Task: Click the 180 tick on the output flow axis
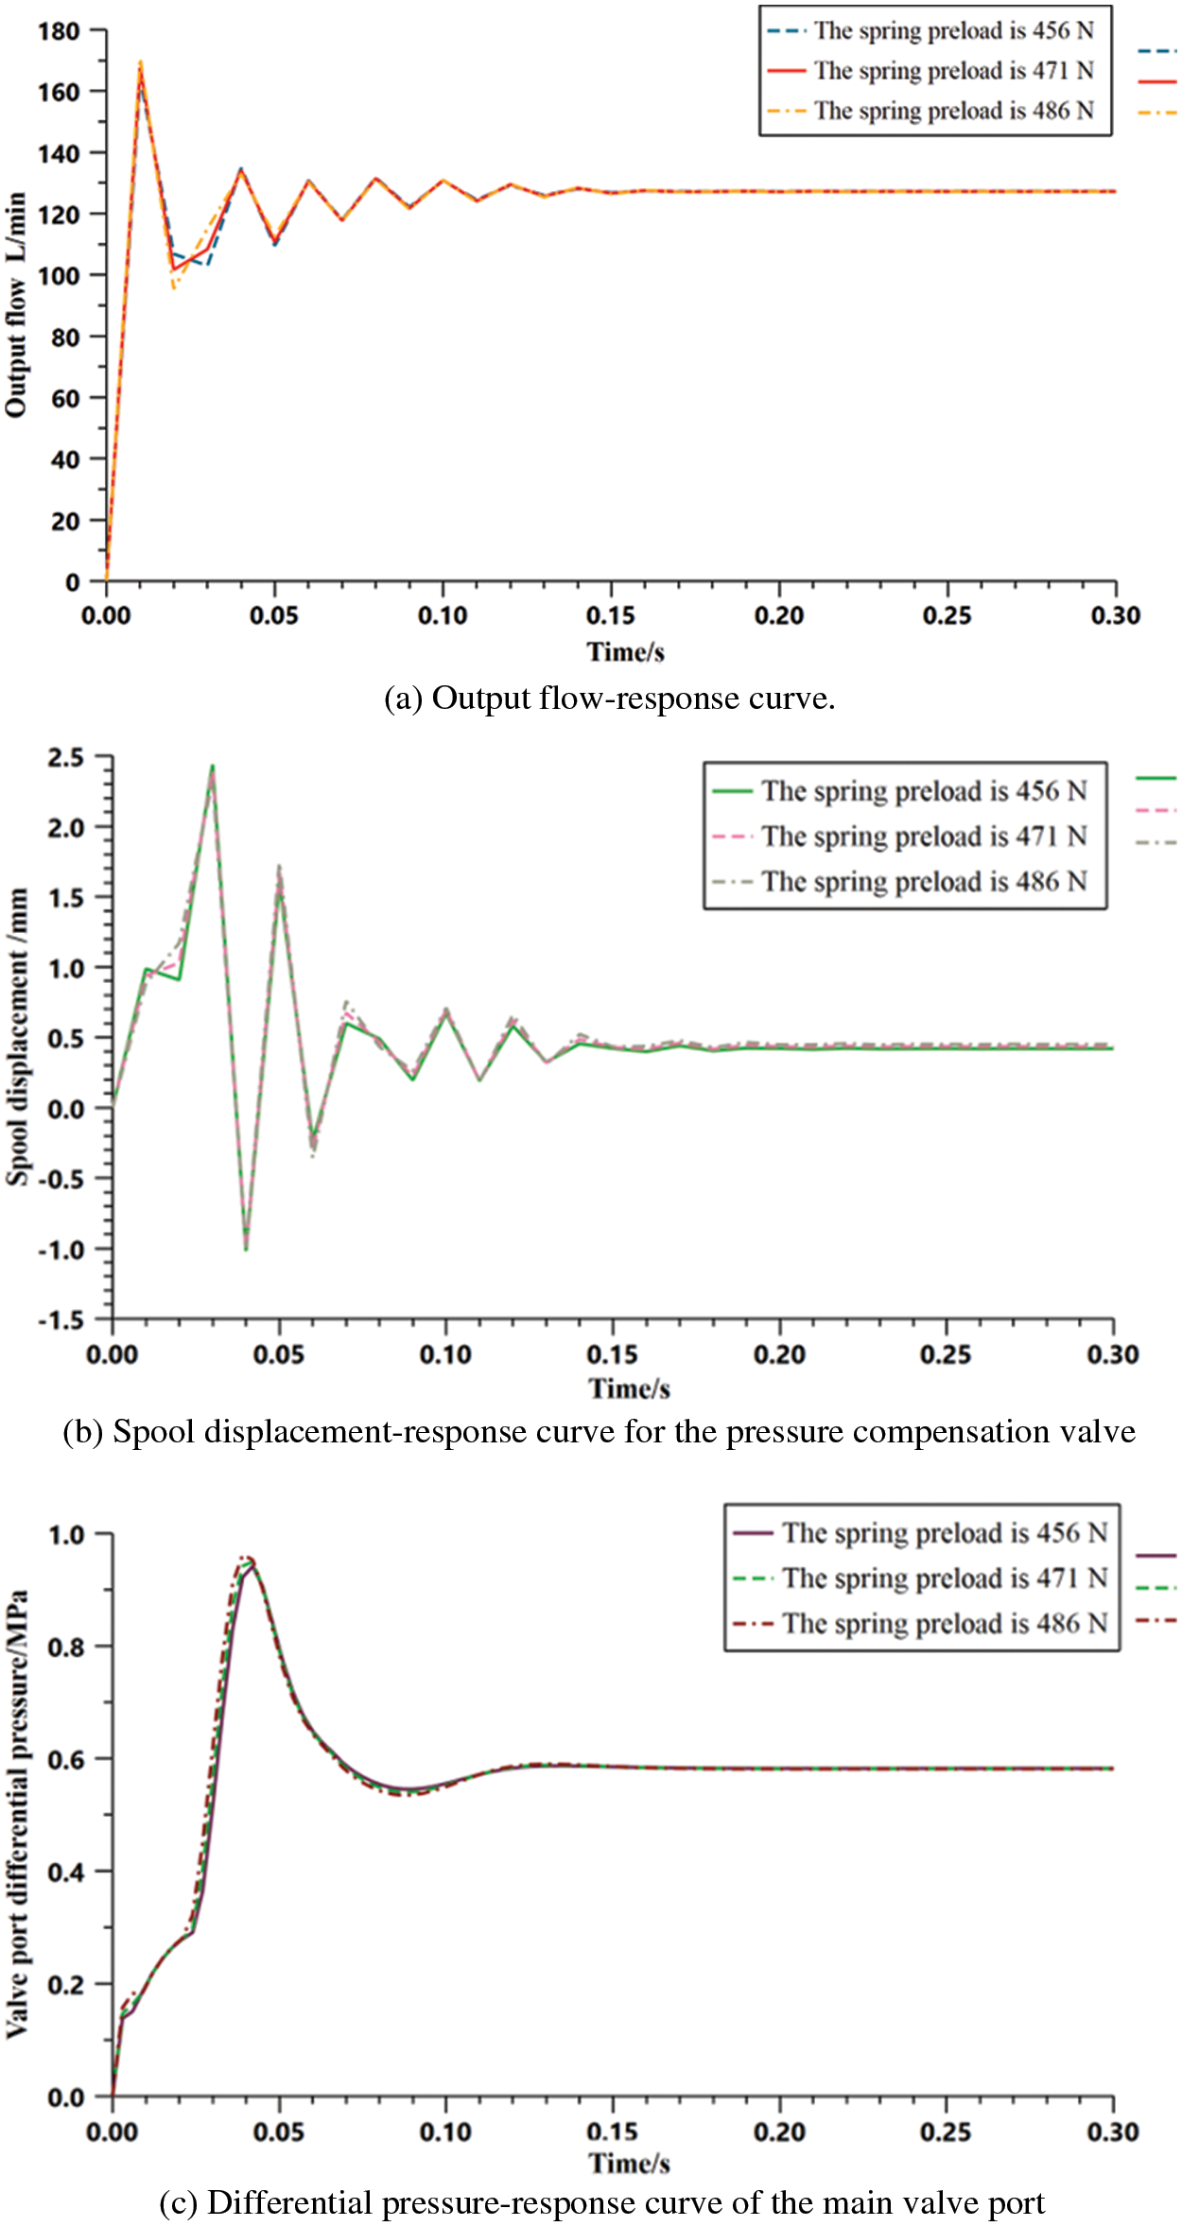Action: tap(59, 31)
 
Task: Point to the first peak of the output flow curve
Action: tap(140, 64)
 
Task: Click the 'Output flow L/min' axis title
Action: tap(16, 304)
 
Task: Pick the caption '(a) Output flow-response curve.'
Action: tap(609, 699)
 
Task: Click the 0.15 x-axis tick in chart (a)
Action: tap(611, 615)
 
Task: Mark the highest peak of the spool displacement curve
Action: tap(212, 767)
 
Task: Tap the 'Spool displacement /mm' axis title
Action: tap(18, 1037)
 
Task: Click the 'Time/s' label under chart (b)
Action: tap(629, 1389)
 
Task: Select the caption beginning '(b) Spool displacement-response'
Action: tap(599, 1432)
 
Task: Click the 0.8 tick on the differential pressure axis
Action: tap(66, 1647)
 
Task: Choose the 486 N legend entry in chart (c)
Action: tap(944, 1624)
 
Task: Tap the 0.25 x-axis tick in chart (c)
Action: tap(946, 2131)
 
